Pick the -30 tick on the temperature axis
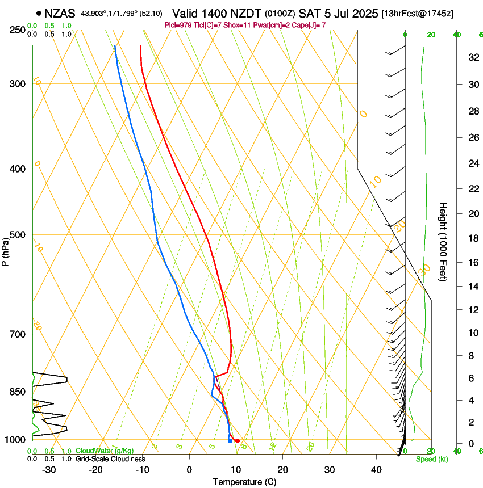(49, 469)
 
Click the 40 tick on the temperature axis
(376, 469)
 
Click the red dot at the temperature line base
(237, 441)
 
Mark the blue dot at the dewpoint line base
(230, 440)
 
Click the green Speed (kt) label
(431, 459)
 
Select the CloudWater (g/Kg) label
(105, 451)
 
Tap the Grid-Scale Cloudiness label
(110, 458)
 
